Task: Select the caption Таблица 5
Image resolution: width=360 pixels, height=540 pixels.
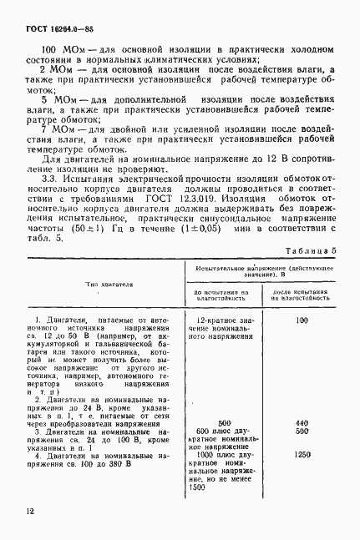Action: tap(312, 250)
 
